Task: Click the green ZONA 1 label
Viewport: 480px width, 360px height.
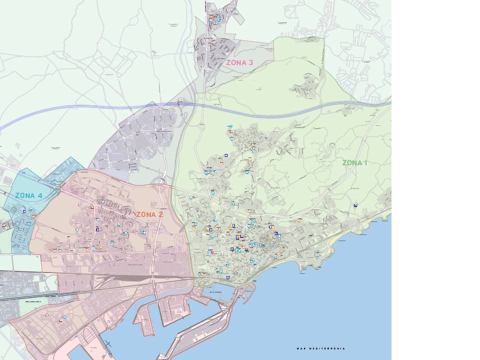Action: pyautogui.click(x=354, y=162)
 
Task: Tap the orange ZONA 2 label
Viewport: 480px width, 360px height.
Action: pyautogui.click(x=149, y=214)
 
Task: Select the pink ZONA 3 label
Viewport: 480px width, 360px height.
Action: pyautogui.click(x=239, y=63)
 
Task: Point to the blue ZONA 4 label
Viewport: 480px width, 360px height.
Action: pyautogui.click(x=28, y=195)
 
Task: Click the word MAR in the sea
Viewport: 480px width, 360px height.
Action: pyautogui.click(x=300, y=348)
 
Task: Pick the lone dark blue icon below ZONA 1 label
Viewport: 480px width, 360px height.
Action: pyautogui.click(x=355, y=205)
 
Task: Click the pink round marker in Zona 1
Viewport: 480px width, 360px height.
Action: pyautogui.click(x=212, y=252)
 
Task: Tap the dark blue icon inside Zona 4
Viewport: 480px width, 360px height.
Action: pyautogui.click(x=24, y=211)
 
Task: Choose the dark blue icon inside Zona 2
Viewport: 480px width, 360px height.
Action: pyautogui.click(x=97, y=229)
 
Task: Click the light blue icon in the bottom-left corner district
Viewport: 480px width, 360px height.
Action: pyautogui.click(x=63, y=317)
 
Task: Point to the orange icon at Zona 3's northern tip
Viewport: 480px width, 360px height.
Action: pyautogui.click(x=212, y=16)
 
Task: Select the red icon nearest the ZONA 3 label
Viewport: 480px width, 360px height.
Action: pyautogui.click(x=213, y=42)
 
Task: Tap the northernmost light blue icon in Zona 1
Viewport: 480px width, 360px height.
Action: pyautogui.click(x=230, y=125)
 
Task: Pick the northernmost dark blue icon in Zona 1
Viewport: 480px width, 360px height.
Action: pyautogui.click(x=226, y=155)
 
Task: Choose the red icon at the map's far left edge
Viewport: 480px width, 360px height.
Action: pyautogui.click(x=4, y=225)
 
